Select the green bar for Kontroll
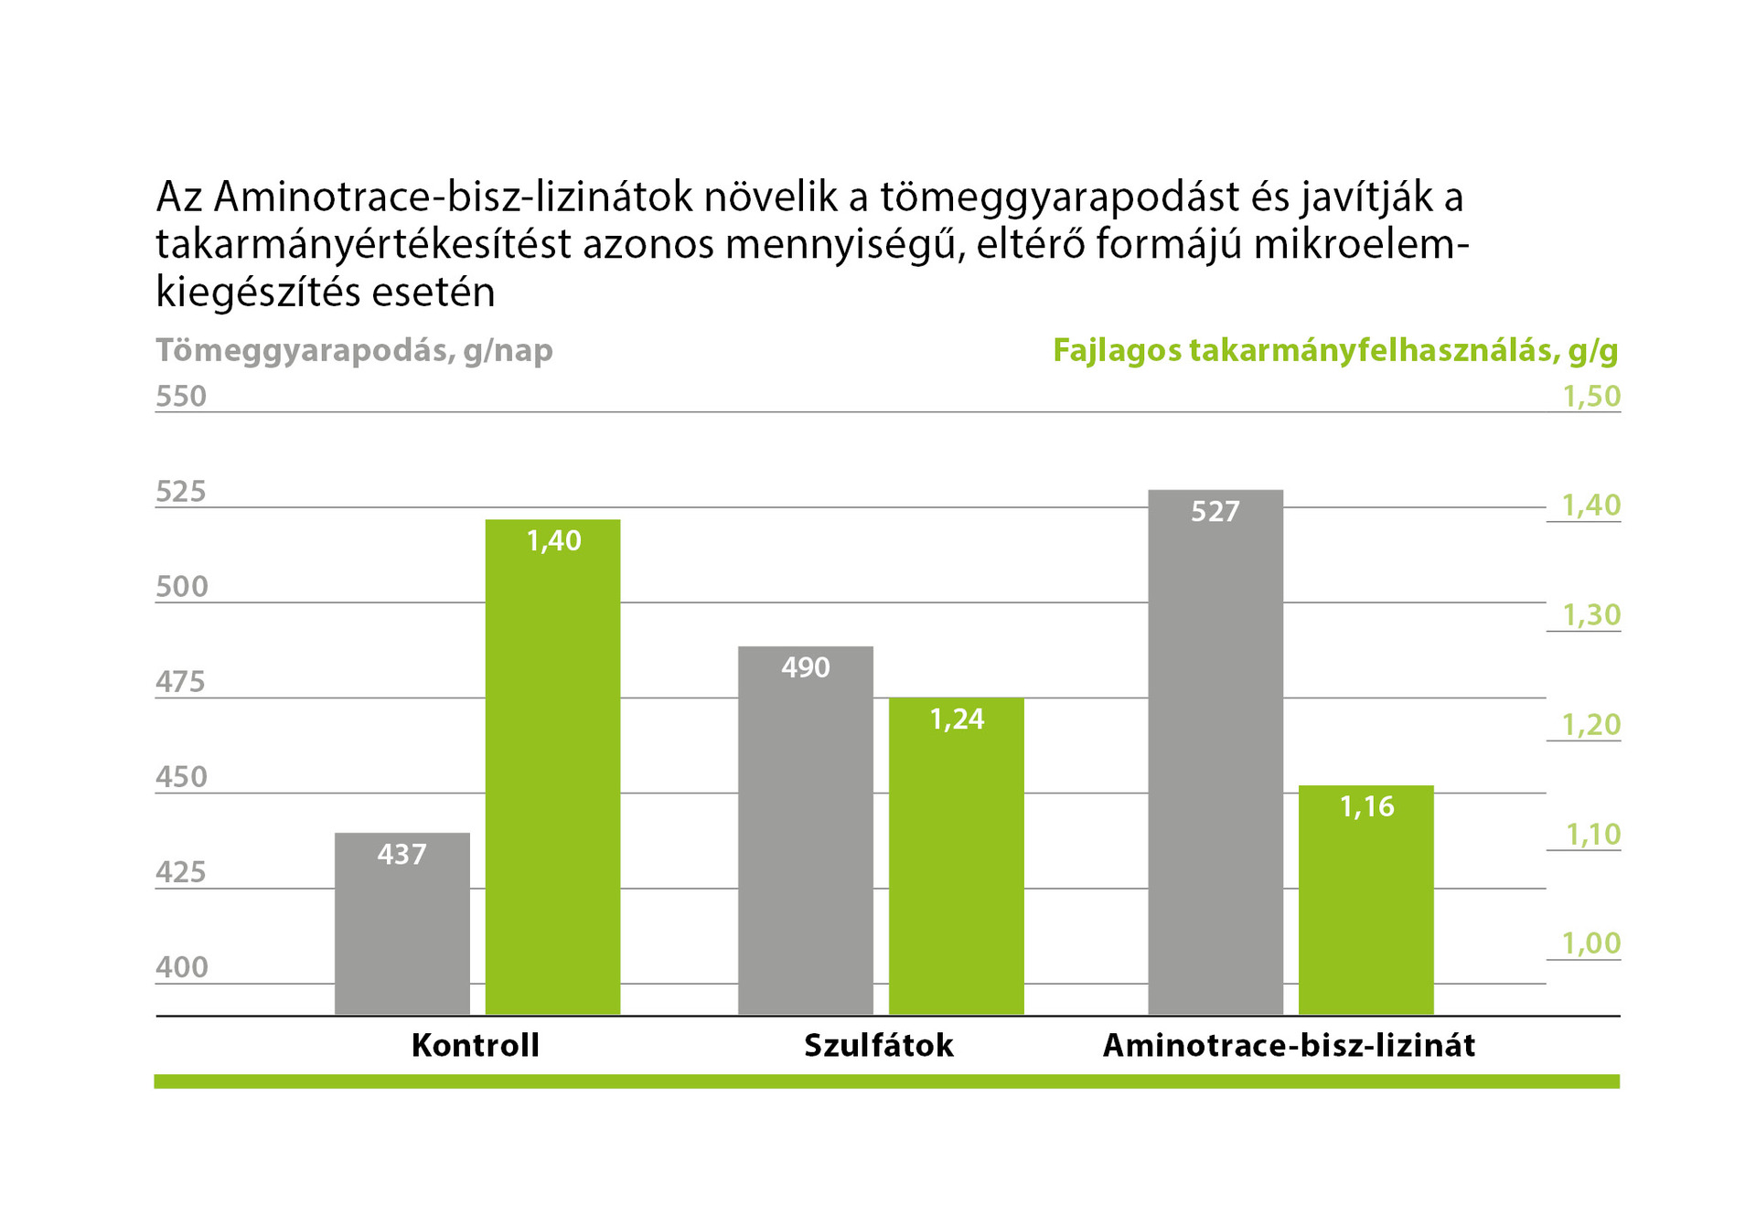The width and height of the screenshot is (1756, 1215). click(x=552, y=768)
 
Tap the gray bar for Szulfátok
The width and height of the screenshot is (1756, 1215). click(x=806, y=832)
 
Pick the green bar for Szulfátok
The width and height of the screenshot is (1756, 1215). click(x=956, y=859)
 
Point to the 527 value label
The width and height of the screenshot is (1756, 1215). click(x=1215, y=512)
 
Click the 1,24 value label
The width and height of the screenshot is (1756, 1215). click(x=957, y=720)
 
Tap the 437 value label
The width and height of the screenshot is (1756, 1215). click(x=402, y=855)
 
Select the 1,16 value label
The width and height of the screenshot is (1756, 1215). click(x=1366, y=807)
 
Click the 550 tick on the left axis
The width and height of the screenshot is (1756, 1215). click(x=181, y=397)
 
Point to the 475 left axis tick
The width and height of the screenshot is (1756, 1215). click(x=181, y=682)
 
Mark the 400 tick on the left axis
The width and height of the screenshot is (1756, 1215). click(x=181, y=967)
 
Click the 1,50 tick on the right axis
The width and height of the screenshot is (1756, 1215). click(x=1591, y=397)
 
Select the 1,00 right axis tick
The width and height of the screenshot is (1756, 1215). click(x=1591, y=943)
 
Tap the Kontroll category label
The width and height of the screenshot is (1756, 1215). click(x=476, y=1046)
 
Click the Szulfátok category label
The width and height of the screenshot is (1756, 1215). click(x=879, y=1046)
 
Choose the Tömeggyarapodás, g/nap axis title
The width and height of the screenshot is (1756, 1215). click(x=354, y=351)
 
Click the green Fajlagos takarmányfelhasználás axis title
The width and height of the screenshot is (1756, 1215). click(x=1335, y=351)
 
